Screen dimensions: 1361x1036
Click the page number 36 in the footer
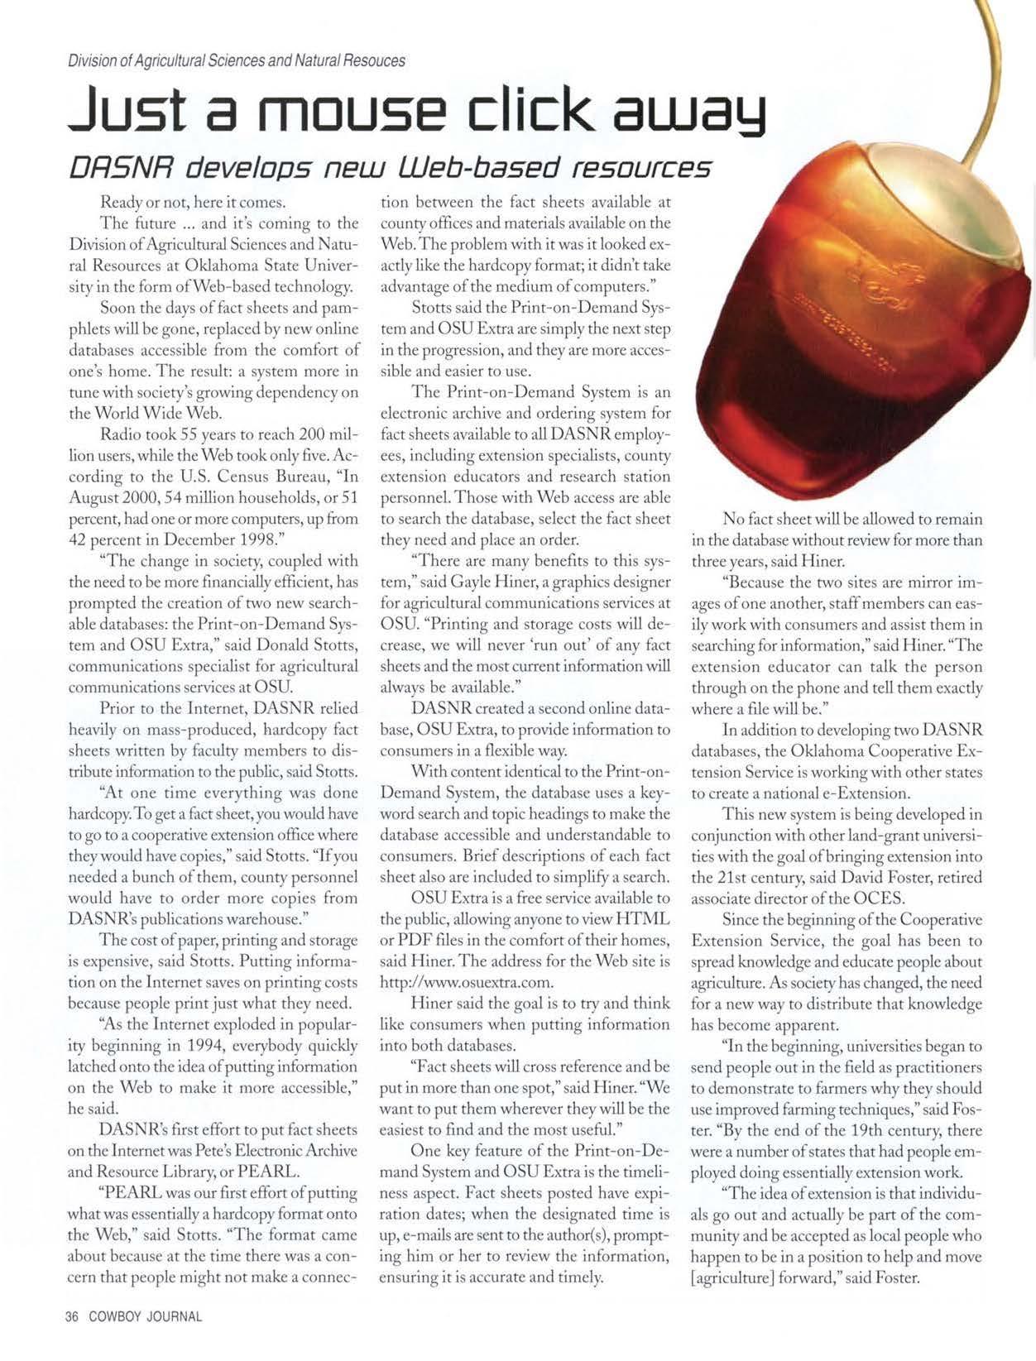pyautogui.click(x=72, y=1317)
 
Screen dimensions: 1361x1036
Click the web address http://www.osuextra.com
pyautogui.click(x=466, y=982)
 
